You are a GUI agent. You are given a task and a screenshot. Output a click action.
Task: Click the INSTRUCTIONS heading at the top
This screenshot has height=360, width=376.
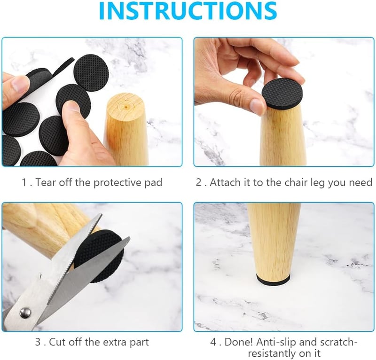188,11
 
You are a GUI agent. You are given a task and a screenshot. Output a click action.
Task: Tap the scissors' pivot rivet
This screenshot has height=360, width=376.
25,312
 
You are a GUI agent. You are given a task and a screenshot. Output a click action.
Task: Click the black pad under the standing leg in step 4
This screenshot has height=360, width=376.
273,280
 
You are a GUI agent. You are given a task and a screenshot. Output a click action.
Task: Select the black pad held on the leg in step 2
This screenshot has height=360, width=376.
282,93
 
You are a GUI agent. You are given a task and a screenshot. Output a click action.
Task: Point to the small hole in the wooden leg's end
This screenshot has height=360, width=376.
125,106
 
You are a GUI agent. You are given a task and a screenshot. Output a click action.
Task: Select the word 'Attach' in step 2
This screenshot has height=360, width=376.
225,182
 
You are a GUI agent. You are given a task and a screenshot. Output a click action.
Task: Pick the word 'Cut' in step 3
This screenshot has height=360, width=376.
57,342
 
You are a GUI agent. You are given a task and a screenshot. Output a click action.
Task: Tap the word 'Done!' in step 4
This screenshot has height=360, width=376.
239,342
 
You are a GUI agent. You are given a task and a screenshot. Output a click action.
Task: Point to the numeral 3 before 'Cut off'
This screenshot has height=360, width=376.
38,342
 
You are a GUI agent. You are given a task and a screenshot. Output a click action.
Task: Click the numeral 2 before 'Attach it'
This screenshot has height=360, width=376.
199,182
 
